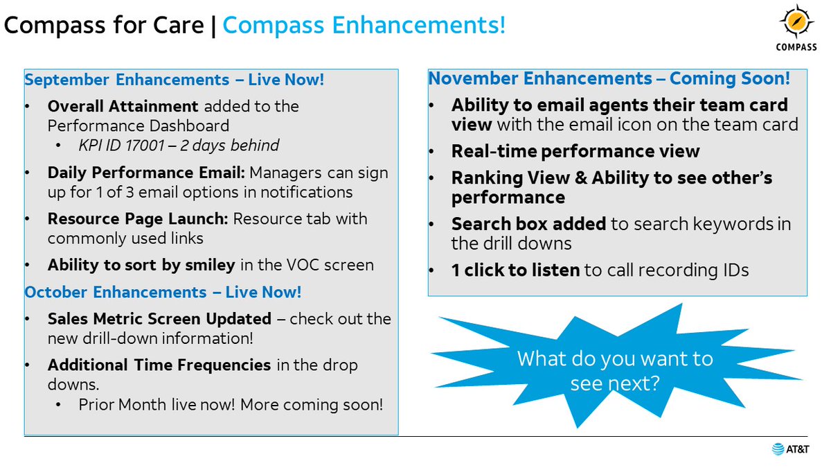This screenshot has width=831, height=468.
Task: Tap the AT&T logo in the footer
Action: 790,449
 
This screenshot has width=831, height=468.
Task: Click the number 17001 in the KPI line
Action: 144,145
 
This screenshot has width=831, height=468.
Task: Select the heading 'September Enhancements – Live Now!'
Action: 175,80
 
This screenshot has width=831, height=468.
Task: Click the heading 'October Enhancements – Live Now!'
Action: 163,292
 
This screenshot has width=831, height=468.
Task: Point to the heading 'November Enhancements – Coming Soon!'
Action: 609,78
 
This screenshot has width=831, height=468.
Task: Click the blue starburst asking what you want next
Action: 616,366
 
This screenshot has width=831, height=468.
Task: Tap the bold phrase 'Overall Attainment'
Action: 123,107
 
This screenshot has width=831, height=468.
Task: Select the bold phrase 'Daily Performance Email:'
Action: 146,173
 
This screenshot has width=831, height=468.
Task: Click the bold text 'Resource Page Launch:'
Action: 138,219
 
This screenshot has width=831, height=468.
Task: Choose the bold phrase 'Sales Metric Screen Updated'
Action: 159,319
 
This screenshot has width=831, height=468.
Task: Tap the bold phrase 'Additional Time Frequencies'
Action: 159,365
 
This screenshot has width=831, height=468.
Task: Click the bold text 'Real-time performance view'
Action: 575,151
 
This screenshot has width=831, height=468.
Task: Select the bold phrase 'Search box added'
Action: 528,224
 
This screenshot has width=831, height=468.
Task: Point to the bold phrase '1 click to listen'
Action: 515,270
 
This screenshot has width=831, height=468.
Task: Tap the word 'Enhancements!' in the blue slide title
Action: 419,25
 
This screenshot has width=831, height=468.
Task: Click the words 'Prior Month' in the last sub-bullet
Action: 123,405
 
